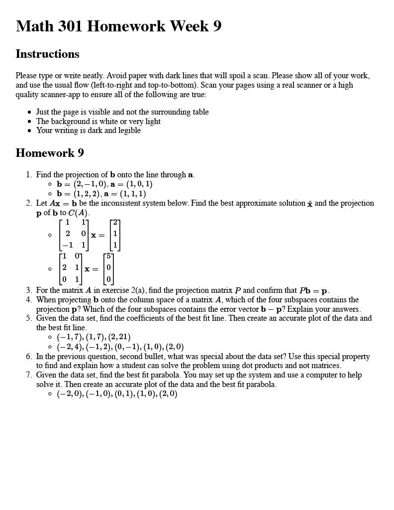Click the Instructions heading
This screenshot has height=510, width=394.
[47, 54]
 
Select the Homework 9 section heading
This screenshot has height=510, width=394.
[50, 152]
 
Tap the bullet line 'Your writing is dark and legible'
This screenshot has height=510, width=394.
[88, 130]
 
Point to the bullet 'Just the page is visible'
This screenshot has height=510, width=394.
[122, 112]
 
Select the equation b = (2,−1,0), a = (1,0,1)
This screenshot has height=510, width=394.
[104, 184]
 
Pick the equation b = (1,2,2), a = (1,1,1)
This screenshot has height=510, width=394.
[101, 194]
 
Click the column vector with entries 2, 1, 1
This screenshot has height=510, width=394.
[115, 235]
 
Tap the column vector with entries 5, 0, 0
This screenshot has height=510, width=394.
[108, 268]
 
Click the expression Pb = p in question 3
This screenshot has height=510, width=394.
[313, 290]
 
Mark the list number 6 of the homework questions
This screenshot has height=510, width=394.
[29, 357]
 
